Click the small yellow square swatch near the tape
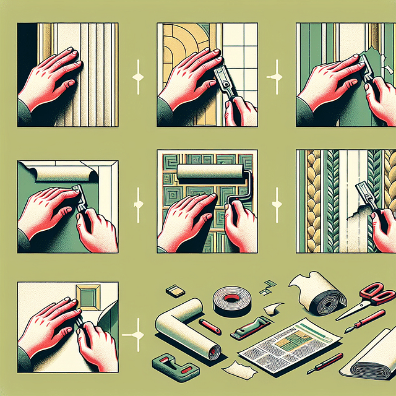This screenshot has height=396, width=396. [173, 291]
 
